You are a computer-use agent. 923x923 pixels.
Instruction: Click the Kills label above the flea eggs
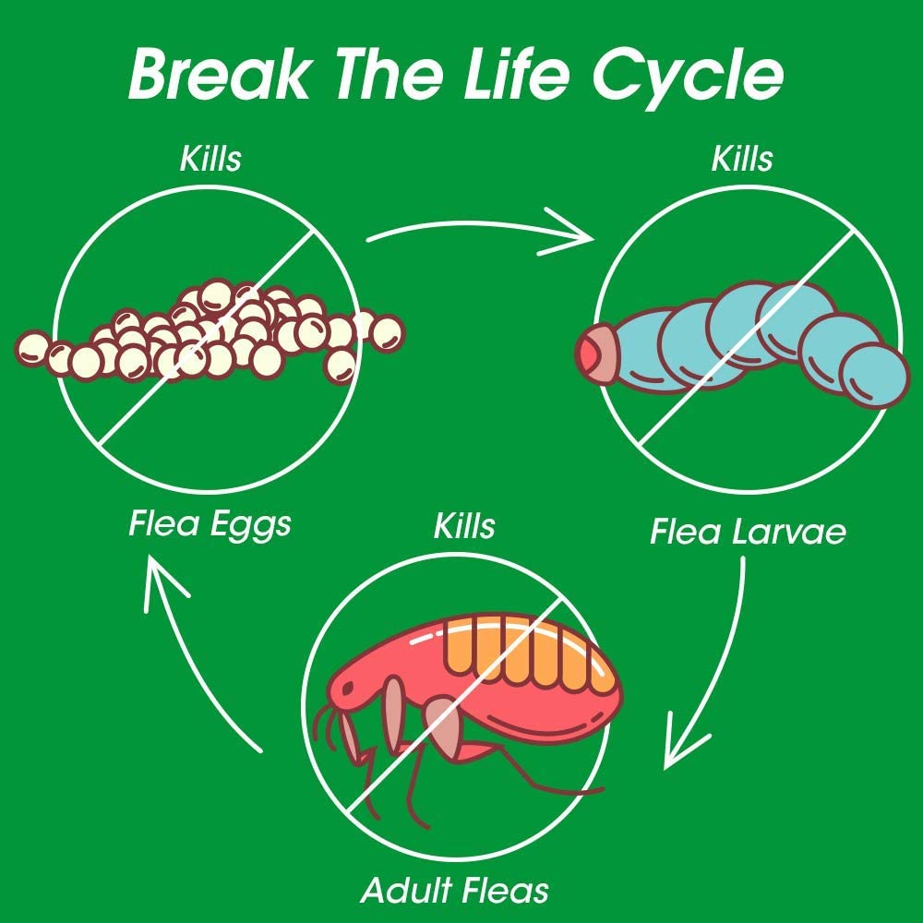click(210, 158)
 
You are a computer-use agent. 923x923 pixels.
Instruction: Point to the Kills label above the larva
click(741, 158)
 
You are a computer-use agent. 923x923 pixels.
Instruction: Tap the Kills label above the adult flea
click(464, 526)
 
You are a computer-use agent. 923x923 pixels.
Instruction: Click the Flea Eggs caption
click(210, 524)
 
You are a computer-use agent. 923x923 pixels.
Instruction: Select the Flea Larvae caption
click(748, 532)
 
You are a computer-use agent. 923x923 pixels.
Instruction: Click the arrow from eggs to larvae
click(480, 231)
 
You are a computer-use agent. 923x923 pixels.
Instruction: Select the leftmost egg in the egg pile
click(32, 348)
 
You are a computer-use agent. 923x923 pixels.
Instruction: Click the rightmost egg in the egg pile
click(388, 332)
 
